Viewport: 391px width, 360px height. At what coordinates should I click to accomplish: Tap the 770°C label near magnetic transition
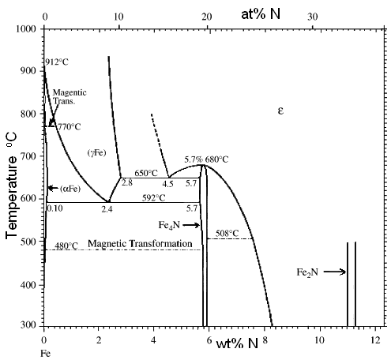69,126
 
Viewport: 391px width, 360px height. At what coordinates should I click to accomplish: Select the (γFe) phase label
97,152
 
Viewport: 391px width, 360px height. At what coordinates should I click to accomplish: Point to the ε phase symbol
280,111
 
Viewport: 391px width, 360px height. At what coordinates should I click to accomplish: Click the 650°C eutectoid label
147,172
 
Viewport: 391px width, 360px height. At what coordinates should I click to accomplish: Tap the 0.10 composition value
55,209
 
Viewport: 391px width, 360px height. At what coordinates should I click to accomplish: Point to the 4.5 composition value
168,183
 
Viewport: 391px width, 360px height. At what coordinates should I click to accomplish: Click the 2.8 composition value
126,183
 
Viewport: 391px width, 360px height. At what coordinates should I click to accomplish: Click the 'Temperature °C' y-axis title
13,177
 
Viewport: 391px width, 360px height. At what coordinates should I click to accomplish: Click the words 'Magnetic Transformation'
140,245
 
